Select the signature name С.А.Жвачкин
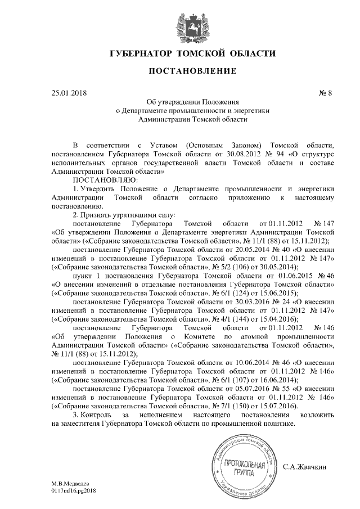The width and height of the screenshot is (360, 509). (307, 466)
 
